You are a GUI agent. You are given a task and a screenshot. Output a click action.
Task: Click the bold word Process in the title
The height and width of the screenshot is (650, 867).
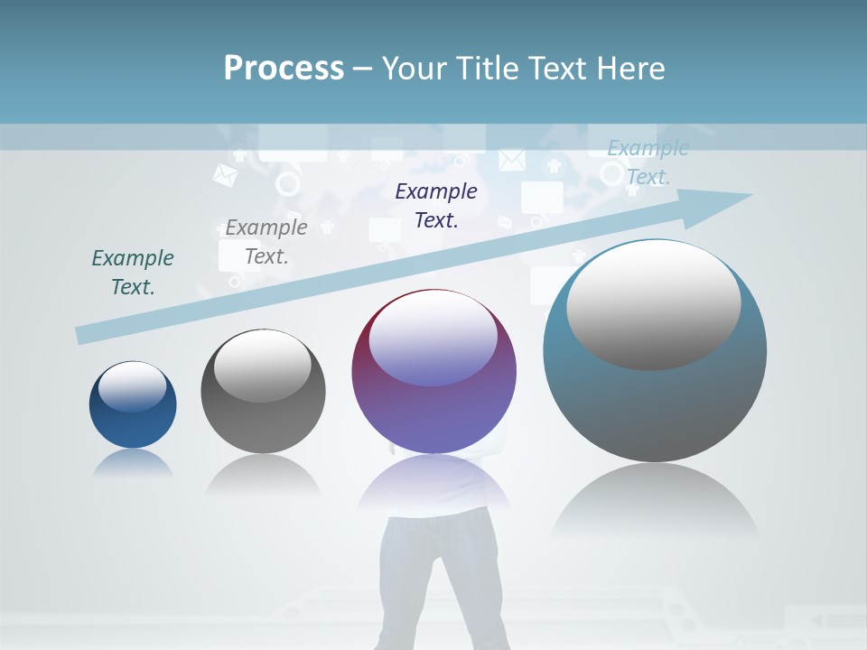pyautogui.click(x=284, y=68)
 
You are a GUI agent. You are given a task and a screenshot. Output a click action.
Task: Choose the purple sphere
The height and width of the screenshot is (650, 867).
pyautogui.click(x=433, y=406)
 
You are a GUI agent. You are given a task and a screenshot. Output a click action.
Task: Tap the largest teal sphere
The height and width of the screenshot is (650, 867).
pyautogui.click(x=655, y=397)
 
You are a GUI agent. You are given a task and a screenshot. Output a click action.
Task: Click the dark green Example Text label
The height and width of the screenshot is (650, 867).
pyautogui.click(x=133, y=272)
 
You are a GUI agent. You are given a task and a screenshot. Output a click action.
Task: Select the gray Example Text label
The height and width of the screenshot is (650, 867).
pyautogui.click(x=266, y=241)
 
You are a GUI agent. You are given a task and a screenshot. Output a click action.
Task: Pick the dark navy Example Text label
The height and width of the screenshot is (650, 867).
pyautogui.click(x=436, y=205)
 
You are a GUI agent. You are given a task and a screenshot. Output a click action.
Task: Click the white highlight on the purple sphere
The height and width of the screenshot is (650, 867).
pyautogui.click(x=433, y=339)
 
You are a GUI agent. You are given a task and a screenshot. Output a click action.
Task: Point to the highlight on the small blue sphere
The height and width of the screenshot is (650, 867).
pyautogui.click(x=132, y=386)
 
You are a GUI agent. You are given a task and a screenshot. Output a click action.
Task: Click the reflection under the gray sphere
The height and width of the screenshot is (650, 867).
pyautogui.click(x=263, y=474)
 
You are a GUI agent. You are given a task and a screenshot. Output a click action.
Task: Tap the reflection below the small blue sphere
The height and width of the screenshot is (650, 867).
pyautogui.click(x=133, y=462)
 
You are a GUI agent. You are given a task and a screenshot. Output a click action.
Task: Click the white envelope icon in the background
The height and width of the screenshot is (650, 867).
pyautogui.click(x=511, y=160)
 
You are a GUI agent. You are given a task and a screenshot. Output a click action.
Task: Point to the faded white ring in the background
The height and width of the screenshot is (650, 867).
pyautogui.click(x=287, y=184)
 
